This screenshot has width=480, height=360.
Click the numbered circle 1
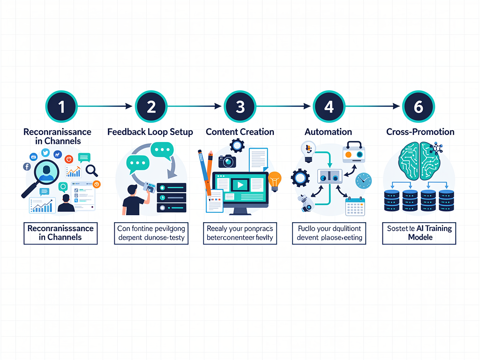tap(61, 107)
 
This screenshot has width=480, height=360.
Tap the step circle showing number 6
tap(418, 107)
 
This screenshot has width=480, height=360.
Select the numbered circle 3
tap(240, 107)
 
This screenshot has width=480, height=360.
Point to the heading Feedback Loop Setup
tap(150, 132)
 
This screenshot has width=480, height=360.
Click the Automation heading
tap(329, 132)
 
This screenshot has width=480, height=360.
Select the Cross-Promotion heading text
tap(420, 132)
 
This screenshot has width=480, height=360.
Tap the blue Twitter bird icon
tap(45, 153)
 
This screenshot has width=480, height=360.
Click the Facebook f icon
tap(27, 166)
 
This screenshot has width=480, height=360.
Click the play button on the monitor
tap(240, 185)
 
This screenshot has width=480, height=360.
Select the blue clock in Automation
tap(363, 180)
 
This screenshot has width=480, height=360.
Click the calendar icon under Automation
tap(355, 206)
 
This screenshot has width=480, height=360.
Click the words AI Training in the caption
tap(434, 229)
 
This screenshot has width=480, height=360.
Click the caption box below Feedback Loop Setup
tap(151, 233)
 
